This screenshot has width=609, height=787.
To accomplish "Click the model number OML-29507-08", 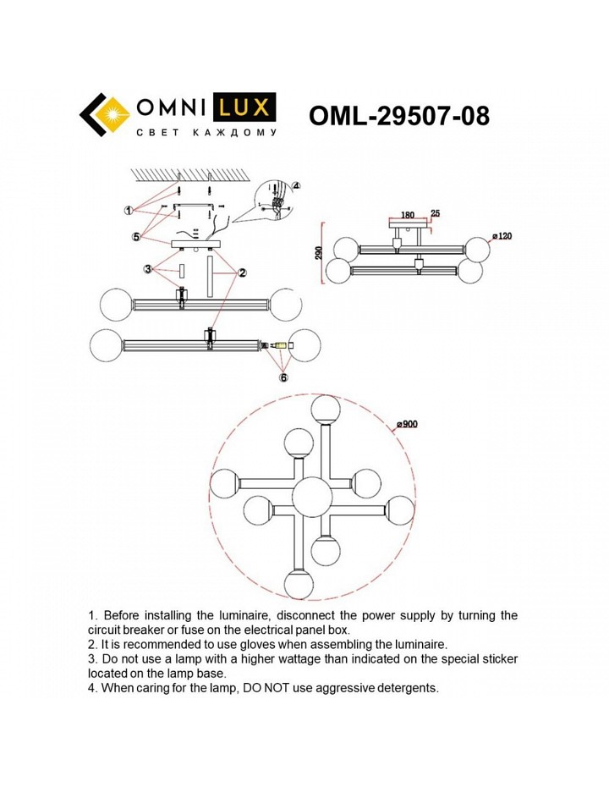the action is click(398, 116).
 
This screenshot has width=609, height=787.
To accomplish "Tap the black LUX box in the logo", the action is click(244, 107).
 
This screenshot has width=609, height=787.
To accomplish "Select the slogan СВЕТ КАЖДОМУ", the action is click(206, 133).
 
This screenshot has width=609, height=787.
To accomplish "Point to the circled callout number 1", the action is click(129, 211).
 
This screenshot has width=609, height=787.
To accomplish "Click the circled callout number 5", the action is click(136, 237).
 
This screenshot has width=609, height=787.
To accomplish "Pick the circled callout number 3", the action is click(147, 270).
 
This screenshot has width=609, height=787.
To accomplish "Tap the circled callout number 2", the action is click(242, 273).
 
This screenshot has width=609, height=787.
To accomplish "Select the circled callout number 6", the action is click(283, 377).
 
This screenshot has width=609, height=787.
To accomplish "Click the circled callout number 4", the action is click(296, 185).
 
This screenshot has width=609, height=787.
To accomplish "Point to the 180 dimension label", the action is click(408, 215).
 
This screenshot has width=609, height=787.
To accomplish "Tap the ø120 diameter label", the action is click(502, 236).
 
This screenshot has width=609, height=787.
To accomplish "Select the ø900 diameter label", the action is click(407, 424).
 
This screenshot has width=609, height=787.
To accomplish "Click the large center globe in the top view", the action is click(312, 497).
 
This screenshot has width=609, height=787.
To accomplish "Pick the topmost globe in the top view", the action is click(326, 410).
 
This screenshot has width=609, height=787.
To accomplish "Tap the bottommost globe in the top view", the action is click(299, 584).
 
